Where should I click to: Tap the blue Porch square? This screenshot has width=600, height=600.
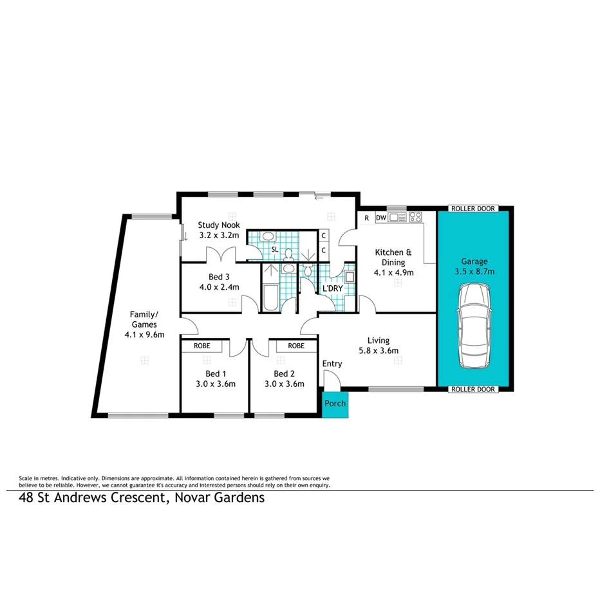(335, 404)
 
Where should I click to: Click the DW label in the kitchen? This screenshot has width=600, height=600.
(380, 218)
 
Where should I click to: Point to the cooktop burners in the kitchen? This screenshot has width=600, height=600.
(415, 218)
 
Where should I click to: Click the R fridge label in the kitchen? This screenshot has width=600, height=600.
(366, 218)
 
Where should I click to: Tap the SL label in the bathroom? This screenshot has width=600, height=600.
(274, 248)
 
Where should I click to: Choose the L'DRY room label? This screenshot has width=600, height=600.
(332, 288)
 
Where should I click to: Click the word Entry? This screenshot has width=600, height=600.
(332, 364)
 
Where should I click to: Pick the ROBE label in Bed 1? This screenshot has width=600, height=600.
(201, 346)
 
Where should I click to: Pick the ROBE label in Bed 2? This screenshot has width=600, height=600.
(296, 346)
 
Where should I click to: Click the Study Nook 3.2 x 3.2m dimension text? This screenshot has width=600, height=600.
(219, 235)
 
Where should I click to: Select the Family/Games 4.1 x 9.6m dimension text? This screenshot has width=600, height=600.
(145, 335)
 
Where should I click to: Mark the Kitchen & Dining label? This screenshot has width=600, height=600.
(389, 258)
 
